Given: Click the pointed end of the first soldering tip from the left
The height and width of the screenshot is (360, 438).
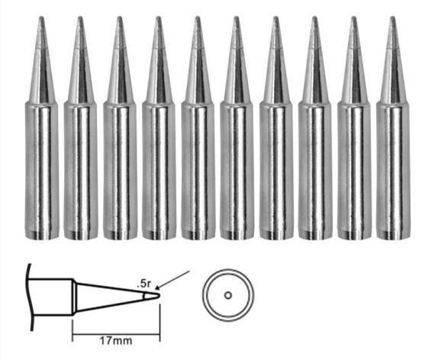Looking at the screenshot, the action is (41, 18).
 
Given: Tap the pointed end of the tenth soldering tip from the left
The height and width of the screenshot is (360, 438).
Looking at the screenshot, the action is (393, 18).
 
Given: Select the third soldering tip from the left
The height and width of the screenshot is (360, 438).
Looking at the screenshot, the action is (120, 127).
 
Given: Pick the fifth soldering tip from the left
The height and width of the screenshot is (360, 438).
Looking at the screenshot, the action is (198, 127).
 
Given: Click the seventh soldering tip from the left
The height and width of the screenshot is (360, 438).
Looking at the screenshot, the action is (276, 127).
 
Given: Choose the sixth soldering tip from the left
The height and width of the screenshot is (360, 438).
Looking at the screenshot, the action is (237, 127).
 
